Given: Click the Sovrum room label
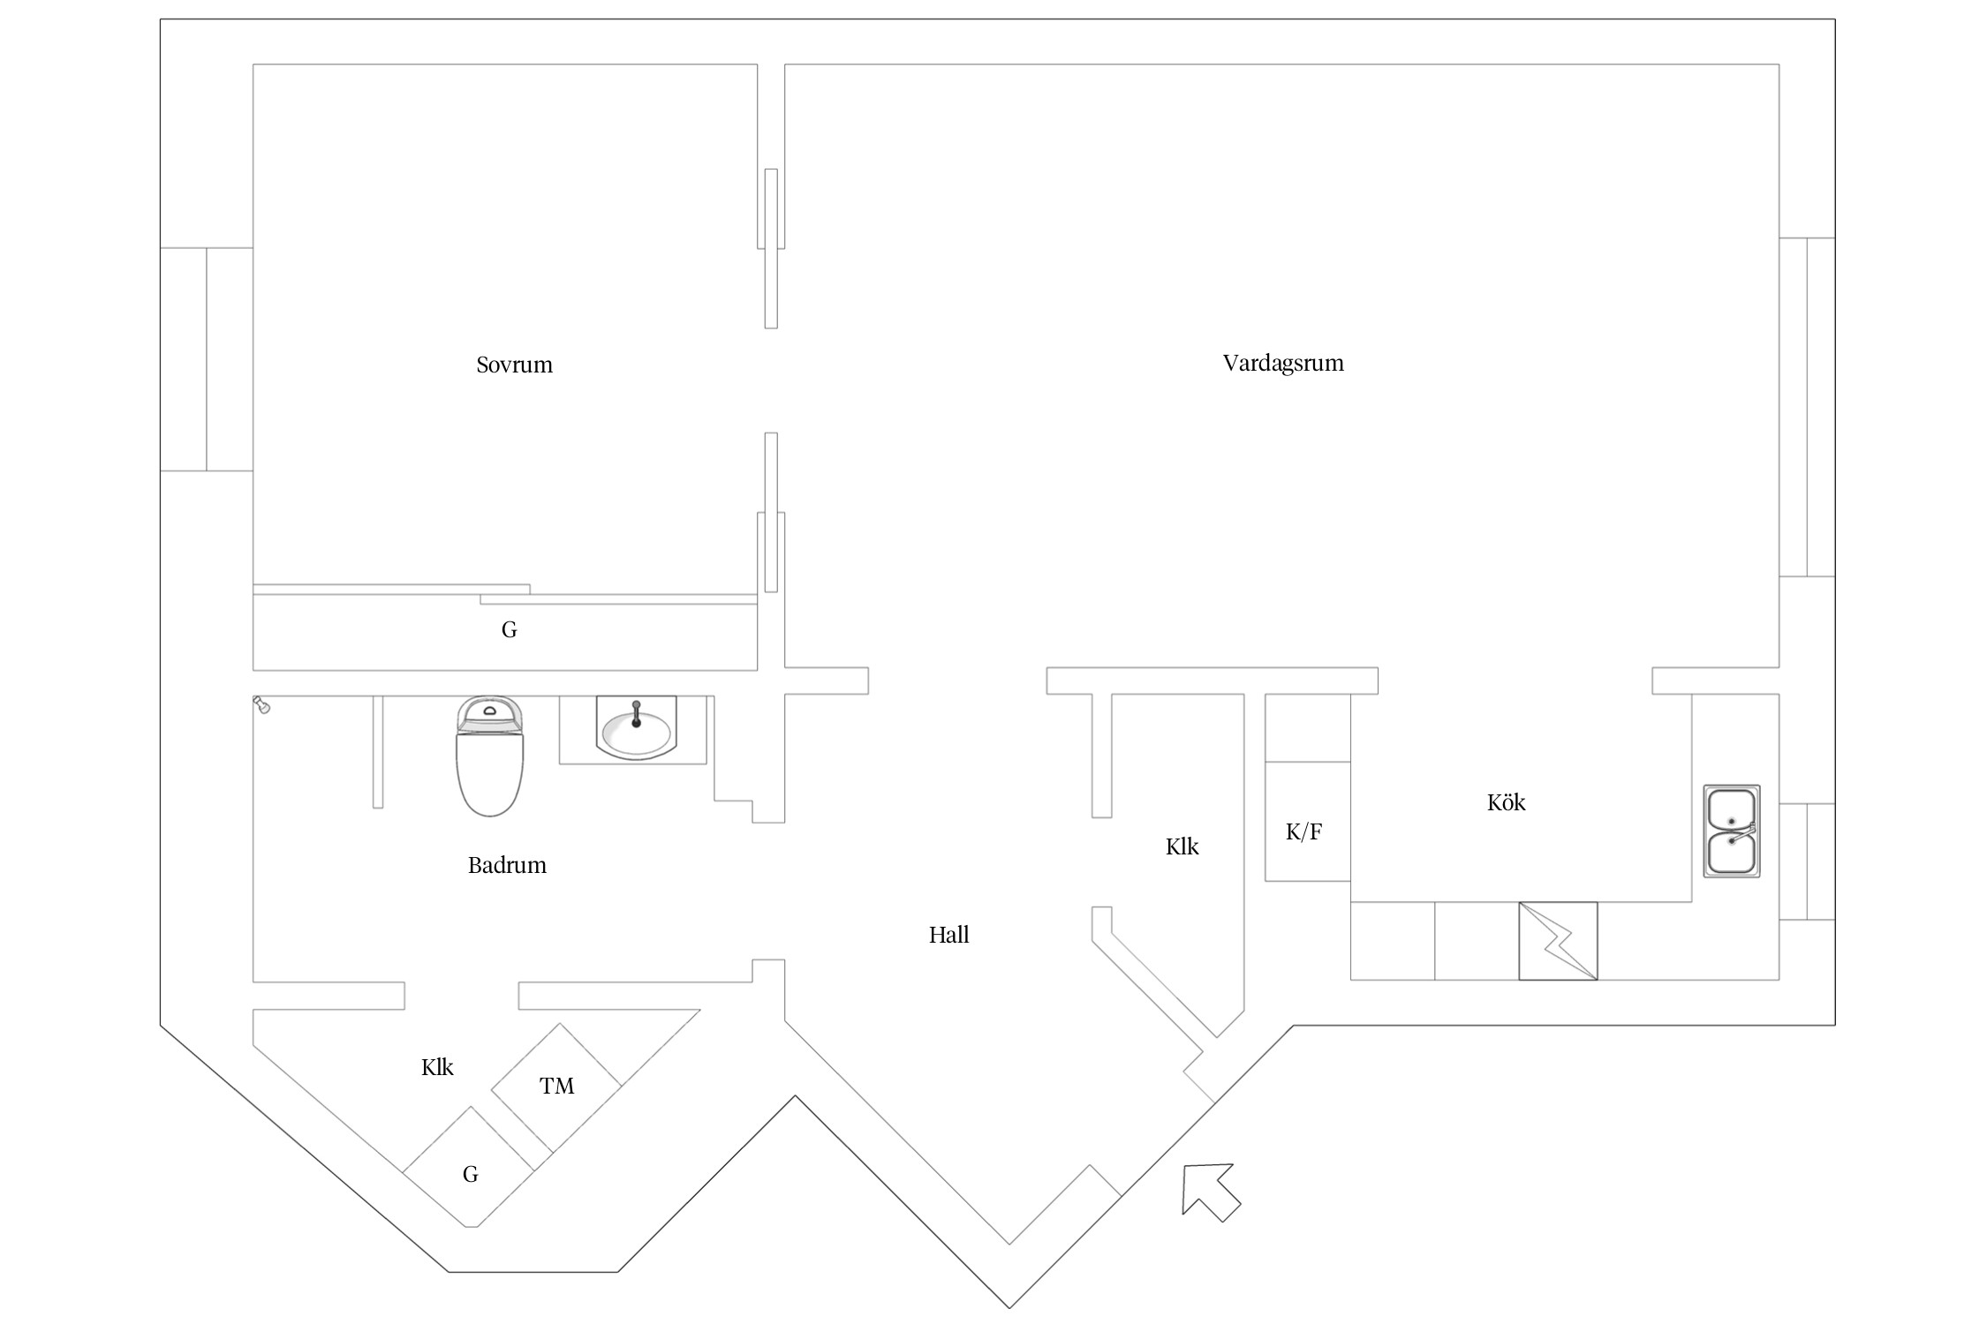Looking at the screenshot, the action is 514,365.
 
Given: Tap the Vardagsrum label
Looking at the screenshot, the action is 1283,364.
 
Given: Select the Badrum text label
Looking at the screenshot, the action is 507,865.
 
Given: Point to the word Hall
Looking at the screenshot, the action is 948,935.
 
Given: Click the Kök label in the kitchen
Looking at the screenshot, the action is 1506,802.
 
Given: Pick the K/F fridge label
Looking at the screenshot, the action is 1303,831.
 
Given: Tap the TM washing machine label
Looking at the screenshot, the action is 556,1086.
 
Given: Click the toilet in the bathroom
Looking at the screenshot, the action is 489,756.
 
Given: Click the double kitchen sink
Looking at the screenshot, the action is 1731,831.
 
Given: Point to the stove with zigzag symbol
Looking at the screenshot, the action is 1558,941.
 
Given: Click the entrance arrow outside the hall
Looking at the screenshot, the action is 1210,1191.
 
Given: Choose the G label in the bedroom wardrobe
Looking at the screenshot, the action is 509,629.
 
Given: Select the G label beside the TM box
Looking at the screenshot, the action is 470,1174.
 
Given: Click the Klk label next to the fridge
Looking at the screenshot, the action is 1182,846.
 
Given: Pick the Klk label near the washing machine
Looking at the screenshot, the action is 437,1067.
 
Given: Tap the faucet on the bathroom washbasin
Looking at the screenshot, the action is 636,713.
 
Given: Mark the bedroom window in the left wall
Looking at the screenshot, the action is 207,359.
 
